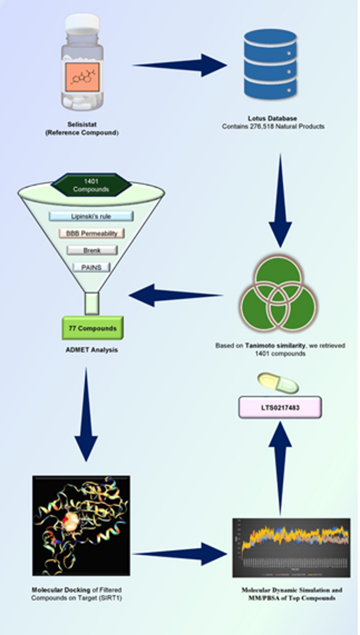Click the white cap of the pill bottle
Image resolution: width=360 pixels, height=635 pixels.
click(81, 24)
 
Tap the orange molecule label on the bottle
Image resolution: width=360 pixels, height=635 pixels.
click(82, 73)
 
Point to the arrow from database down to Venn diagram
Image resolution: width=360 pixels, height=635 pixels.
click(280, 200)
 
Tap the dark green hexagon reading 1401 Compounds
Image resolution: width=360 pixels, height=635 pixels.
click(91, 185)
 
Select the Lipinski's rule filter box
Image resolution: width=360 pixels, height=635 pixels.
click(91, 216)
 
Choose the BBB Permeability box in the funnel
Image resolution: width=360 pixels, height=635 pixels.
click(91, 233)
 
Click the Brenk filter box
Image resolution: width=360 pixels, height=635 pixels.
click(91, 251)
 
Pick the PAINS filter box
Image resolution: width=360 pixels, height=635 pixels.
click(91, 267)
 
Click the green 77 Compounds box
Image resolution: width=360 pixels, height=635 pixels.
click(92, 328)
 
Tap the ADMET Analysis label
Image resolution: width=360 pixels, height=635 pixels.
click(92, 350)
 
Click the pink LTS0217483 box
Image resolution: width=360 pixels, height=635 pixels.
click(280, 407)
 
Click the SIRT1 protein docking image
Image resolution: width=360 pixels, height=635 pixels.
click(81, 525)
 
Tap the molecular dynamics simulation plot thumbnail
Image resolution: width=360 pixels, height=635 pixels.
click(291, 548)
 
